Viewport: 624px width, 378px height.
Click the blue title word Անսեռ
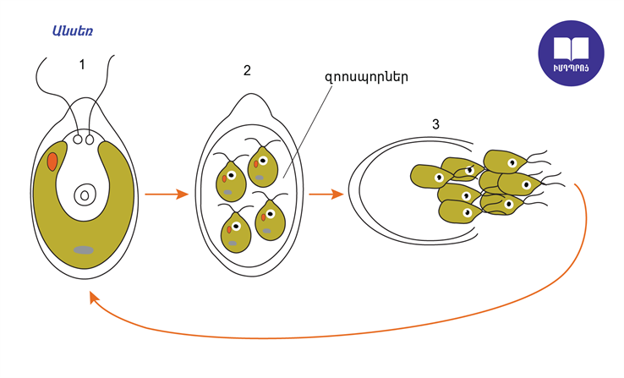73,30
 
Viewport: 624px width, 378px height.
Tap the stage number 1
82,64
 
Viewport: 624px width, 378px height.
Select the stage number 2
247,70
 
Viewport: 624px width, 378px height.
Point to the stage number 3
435,124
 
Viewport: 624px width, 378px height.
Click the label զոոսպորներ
366,77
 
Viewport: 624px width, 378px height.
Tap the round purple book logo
571,53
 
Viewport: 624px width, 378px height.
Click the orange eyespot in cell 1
52,162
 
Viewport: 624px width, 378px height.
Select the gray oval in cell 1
84,249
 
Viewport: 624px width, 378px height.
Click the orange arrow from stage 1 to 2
167,194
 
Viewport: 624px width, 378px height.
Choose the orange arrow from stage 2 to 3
326,194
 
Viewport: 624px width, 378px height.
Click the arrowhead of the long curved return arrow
94,297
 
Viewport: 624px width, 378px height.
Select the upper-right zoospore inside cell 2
263,167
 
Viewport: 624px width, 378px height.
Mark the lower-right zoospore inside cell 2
271,221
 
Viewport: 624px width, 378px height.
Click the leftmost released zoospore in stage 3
431,176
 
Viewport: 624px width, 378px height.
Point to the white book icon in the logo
571,49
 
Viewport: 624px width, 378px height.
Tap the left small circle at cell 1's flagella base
78,140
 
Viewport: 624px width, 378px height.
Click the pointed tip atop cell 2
251,95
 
